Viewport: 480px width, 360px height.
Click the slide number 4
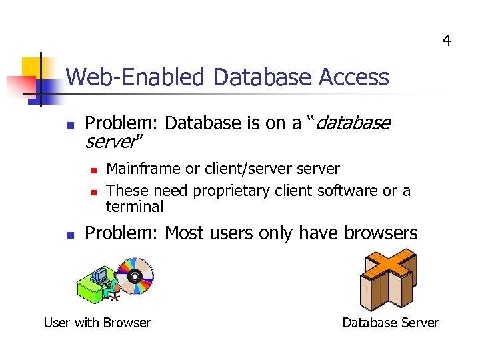click(447, 41)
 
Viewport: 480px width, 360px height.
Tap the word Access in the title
click(354, 78)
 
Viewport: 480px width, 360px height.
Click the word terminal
click(135, 207)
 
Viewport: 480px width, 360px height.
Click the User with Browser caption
click(97, 323)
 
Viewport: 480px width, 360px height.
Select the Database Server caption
click(390, 323)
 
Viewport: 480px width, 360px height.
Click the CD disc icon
click(135, 276)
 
